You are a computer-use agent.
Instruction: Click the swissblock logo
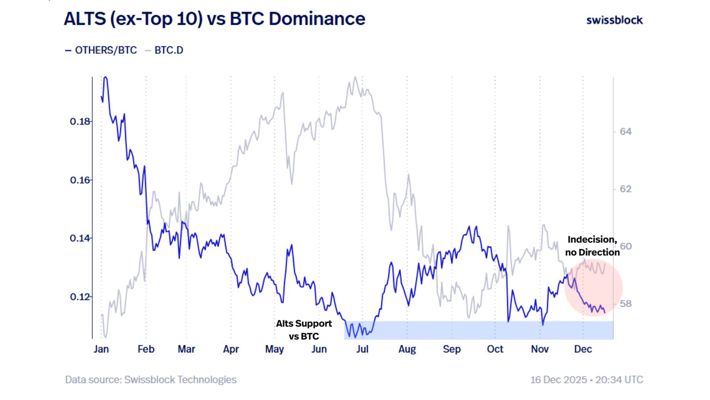point(614,20)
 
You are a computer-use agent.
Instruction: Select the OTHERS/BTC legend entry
point(106,50)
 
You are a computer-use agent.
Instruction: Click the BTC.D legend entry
point(169,50)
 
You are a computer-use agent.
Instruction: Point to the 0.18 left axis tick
point(80,121)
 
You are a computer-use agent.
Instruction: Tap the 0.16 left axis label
point(80,180)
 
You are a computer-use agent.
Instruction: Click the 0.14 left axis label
point(80,238)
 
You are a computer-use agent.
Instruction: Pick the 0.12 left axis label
point(80,296)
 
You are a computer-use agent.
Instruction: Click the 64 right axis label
point(626,132)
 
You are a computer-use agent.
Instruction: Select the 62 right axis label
point(626,189)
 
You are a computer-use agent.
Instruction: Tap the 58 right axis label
point(626,304)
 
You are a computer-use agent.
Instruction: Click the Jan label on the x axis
point(101,349)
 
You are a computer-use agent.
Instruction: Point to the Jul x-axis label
point(362,349)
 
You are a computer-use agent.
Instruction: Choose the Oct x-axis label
point(495,349)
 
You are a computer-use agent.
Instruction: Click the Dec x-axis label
point(583,349)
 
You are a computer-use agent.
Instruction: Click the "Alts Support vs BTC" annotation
point(304,330)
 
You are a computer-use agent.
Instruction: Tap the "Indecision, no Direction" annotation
point(592,246)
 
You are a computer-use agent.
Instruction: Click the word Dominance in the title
point(317,19)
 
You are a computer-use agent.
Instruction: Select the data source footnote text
point(151,380)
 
